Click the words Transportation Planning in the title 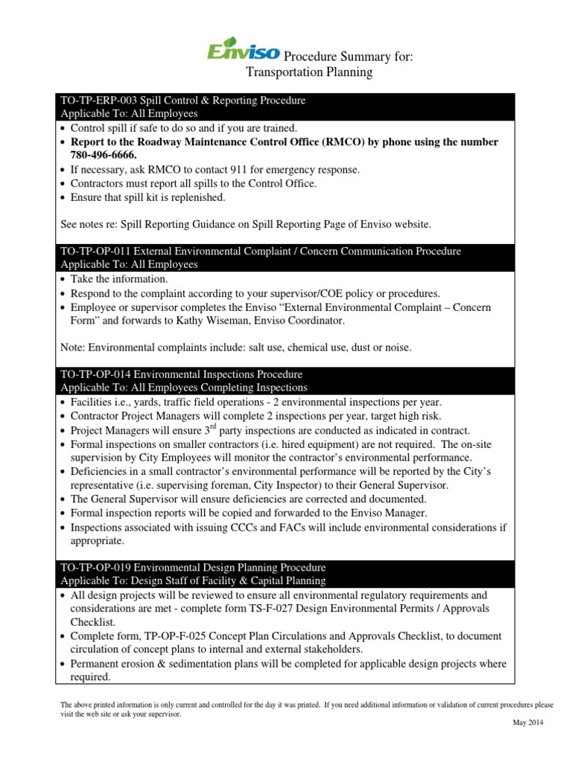point(309,72)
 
